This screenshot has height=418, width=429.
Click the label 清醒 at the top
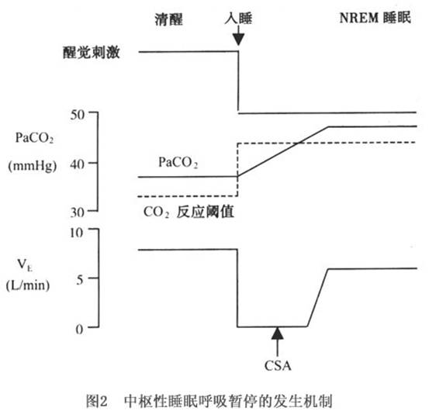point(168,19)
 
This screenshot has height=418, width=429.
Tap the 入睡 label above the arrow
point(238,19)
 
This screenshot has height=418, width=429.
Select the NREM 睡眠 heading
point(375,18)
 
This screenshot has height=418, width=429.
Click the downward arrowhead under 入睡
point(238,40)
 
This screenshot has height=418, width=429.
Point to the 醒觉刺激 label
point(92,52)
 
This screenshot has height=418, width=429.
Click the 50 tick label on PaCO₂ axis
point(77,115)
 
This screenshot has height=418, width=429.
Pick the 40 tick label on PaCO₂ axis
point(77,164)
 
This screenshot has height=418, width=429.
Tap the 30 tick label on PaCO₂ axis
point(77,212)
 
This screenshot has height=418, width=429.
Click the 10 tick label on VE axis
point(76,233)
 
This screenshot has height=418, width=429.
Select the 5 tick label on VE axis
point(80,280)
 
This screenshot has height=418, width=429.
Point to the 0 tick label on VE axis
point(79,329)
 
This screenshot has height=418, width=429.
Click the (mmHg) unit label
point(33,166)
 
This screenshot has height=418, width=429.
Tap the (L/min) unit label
point(28,285)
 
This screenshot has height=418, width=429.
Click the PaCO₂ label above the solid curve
point(178,163)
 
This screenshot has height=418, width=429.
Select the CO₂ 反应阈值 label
point(189,212)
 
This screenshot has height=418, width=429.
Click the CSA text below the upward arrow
point(278,366)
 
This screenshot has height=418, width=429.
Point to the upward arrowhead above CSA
point(278,333)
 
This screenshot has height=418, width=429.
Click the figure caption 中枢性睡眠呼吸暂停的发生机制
point(228,401)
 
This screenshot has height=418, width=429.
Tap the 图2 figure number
point(96,401)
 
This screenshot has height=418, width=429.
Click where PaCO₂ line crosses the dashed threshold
point(299,143)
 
